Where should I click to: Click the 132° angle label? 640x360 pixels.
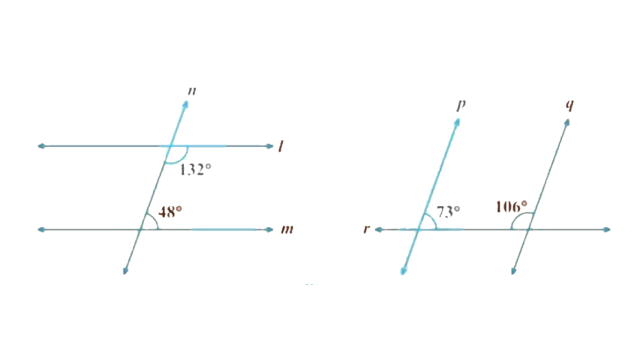click(x=196, y=170)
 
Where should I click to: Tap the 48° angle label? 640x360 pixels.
click(x=170, y=212)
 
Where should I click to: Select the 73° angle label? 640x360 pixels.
click(x=448, y=212)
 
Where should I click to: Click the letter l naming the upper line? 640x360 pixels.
click(x=280, y=147)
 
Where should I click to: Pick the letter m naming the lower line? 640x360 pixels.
click(x=287, y=229)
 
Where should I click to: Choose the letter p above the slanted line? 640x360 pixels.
click(x=461, y=103)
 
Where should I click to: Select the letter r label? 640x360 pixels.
click(x=365, y=229)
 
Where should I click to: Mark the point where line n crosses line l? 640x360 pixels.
click(x=170, y=145)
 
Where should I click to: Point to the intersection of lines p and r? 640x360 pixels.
click(x=420, y=229)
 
